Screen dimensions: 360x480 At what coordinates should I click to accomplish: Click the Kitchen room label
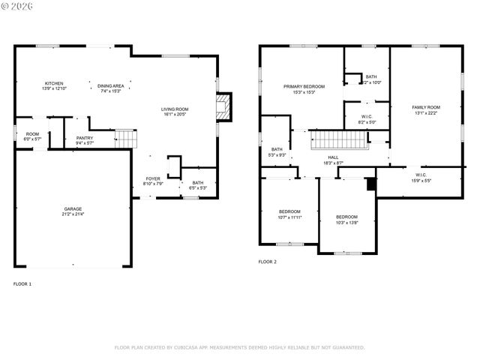pyautogui.click(x=54, y=83)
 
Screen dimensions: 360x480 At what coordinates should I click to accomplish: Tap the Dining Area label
pyautogui.click(x=110, y=85)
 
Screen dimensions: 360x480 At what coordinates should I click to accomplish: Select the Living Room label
pyautogui.click(x=175, y=109)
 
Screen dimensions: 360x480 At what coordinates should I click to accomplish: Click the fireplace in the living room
pyautogui.click(x=223, y=106)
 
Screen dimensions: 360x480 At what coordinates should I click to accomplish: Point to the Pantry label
pyautogui.click(x=85, y=138)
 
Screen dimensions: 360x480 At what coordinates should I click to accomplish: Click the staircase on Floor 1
pyautogui.click(x=125, y=139)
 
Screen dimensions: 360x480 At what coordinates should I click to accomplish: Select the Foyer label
pyautogui.click(x=152, y=178)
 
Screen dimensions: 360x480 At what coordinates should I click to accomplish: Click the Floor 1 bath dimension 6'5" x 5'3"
pyautogui.click(x=197, y=187)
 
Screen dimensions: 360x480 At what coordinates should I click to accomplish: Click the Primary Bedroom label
pyautogui.click(x=304, y=86)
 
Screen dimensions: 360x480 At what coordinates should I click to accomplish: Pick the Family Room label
pyautogui.click(x=426, y=107)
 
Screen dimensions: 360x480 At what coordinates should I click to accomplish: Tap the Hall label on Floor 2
pyautogui.click(x=333, y=157)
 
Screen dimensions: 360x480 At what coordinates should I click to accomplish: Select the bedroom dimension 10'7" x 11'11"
pyautogui.click(x=289, y=217)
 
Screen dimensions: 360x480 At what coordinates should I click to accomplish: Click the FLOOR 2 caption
pyautogui.click(x=268, y=262)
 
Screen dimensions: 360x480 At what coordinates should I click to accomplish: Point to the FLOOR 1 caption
pyautogui.click(x=22, y=284)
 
